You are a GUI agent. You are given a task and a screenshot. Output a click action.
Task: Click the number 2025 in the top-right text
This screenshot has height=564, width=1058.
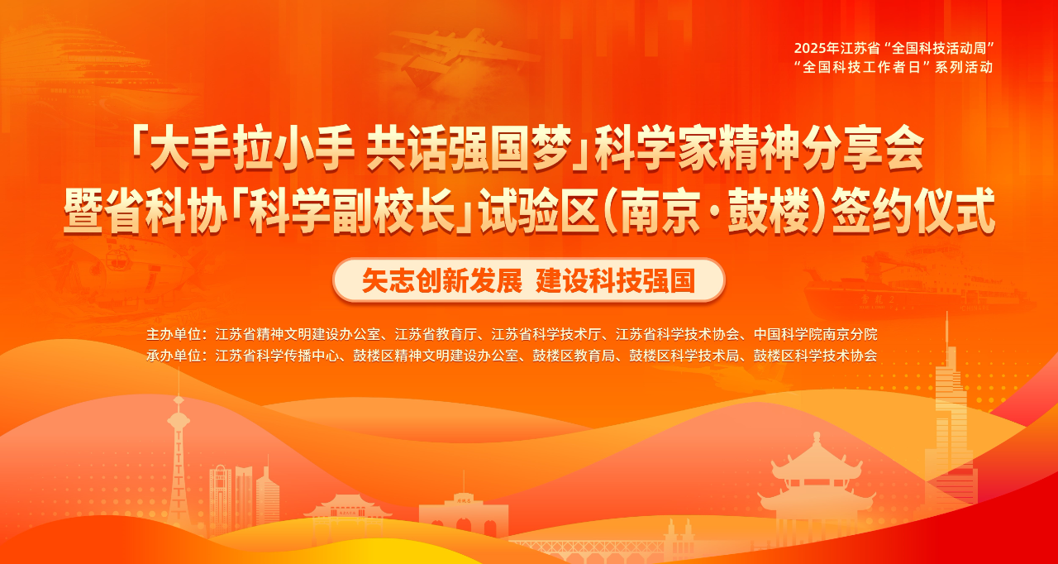pyautogui.click(x=809, y=48)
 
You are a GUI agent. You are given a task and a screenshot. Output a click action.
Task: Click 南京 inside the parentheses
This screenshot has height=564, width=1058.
pyautogui.click(x=660, y=211)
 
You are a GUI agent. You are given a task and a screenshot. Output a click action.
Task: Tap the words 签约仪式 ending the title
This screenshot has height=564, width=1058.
pyautogui.click(x=913, y=211)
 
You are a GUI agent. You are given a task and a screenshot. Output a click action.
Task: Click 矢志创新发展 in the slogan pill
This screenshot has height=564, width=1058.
pyautogui.click(x=442, y=280)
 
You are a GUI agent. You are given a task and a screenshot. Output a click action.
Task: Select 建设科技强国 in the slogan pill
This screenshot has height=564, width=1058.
pyautogui.click(x=616, y=280)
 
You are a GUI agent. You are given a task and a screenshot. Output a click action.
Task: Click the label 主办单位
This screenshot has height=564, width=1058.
pyautogui.click(x=174, y=334)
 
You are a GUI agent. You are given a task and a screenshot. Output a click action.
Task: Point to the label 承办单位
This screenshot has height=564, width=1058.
pyautogui.click(x=174, y=356)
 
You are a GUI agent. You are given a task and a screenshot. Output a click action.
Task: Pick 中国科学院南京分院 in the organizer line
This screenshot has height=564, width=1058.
pyautogui.click(x=816, y=334)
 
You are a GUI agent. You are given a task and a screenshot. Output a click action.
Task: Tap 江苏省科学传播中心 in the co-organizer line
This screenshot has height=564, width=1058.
pyautogui.click(x=277, y=356)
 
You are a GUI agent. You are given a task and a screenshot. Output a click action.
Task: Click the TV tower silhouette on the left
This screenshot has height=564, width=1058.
pyautogui.click(x=179, y=453)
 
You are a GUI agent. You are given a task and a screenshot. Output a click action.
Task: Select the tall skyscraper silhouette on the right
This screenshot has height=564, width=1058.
pyautogui.click(x=950, y=425)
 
